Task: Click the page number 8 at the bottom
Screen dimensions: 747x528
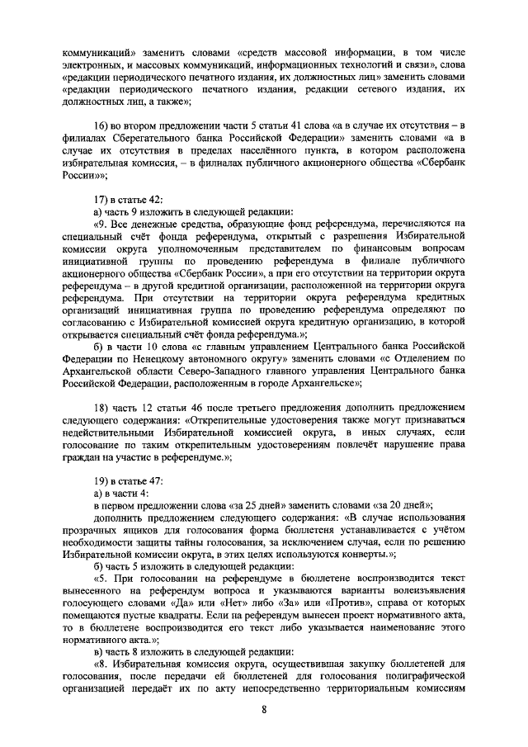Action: [264, 716]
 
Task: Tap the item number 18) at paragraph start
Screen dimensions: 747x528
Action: [104, 409]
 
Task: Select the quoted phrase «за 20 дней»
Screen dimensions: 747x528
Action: [403, 505]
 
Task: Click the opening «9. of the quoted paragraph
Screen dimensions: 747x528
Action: [102, 223]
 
